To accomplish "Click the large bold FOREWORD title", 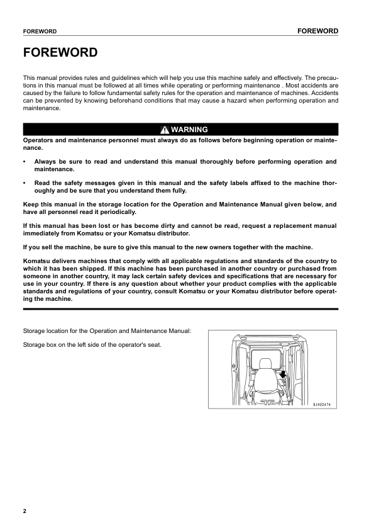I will (x=60, y=52).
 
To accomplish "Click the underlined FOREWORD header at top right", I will (x=318, y=31).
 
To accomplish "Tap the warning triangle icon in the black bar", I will (x=164, y=130).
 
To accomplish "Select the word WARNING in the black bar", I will (x=189, y=130).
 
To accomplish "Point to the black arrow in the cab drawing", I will (x=283, y=375).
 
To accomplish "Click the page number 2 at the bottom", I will (x=25, y=510).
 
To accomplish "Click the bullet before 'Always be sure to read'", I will (x=24, y=162).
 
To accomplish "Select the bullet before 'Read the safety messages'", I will (x=24, y=183).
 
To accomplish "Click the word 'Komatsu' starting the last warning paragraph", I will (x=37, y=260).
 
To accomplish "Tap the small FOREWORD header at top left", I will (x=40, y=31).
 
